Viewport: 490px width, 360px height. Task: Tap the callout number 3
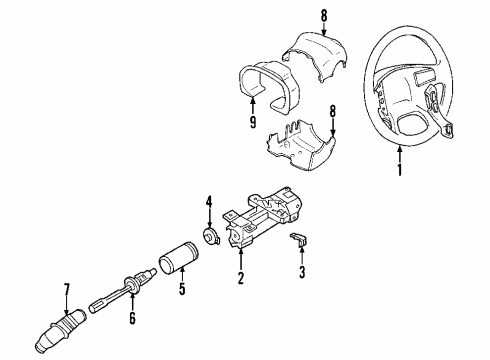tap(303, 271)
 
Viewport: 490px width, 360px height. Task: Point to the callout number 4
tap(209, 210)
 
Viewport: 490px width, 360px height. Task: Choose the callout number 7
tap(67, 290)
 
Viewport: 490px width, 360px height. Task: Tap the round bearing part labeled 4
tap(212, 236)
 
